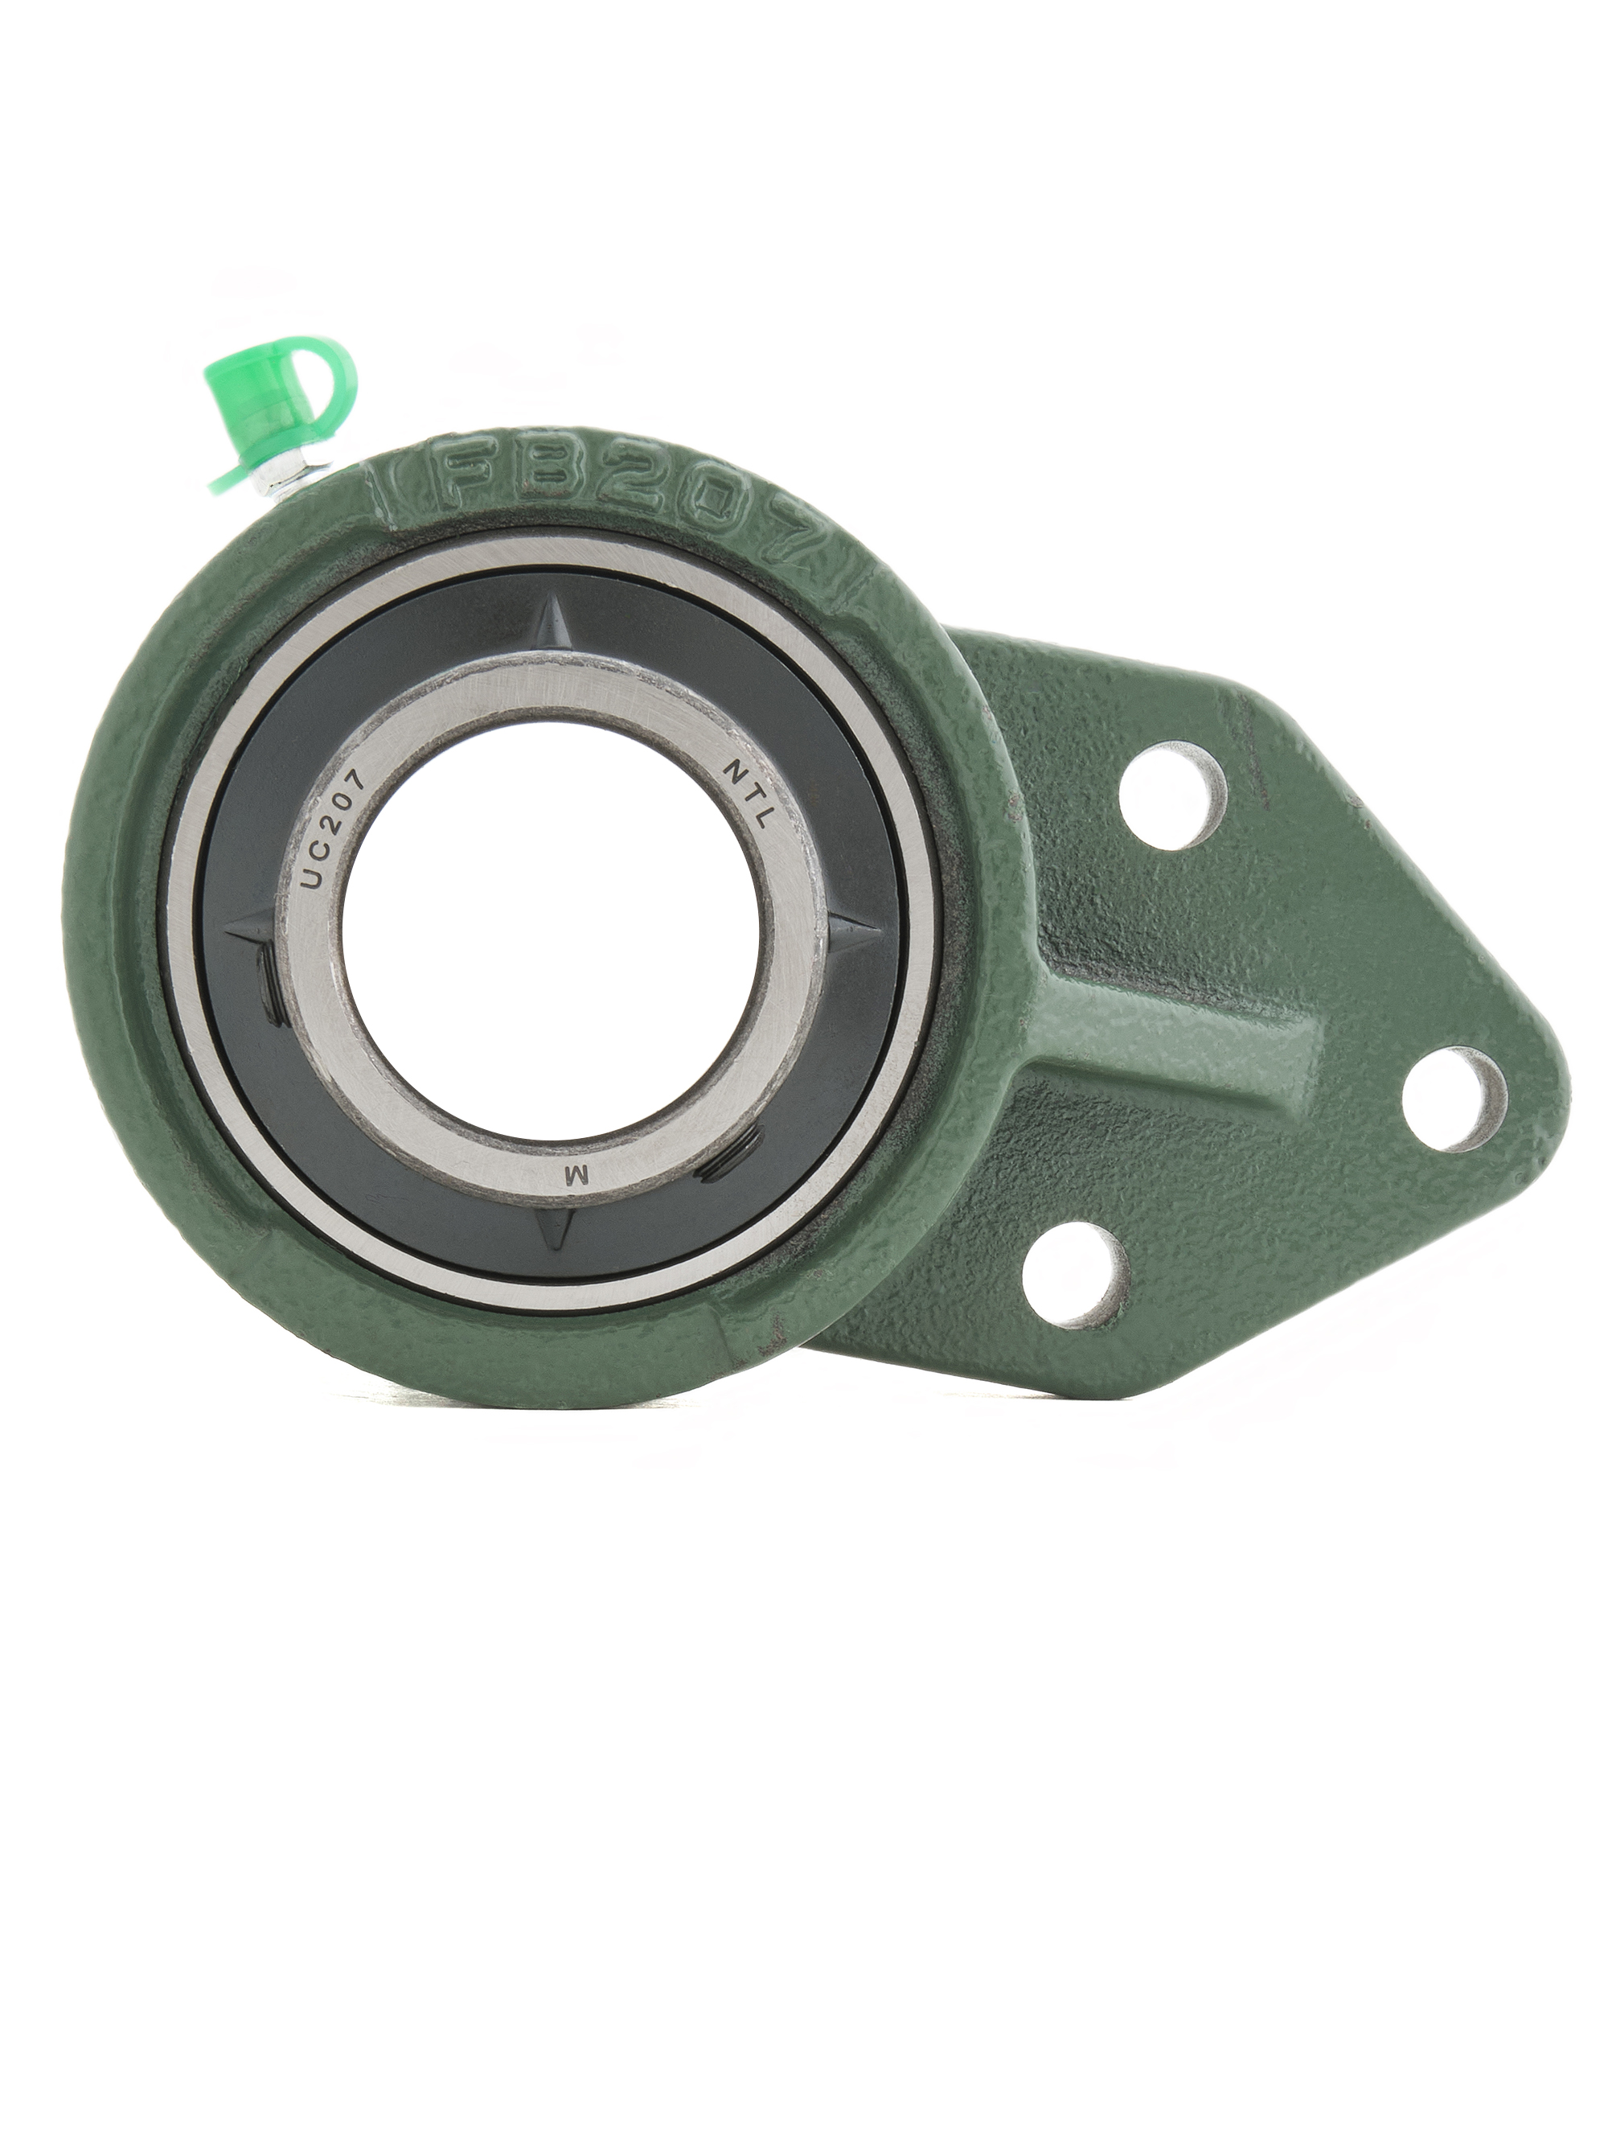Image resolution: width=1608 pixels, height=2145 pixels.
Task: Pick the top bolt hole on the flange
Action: pyautogui.click(x=1173, y=795)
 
